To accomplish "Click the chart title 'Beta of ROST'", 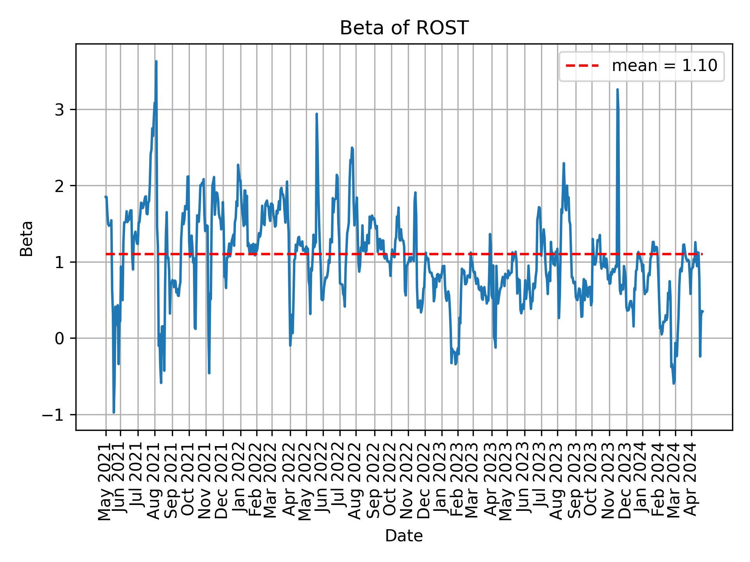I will pos(404,28).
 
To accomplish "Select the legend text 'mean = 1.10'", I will pos(664,66).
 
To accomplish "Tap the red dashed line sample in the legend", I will pos(582,66).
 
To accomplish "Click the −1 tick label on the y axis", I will pos(53,414).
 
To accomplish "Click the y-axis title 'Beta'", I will pos(27,238).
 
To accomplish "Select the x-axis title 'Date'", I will pos(404,536).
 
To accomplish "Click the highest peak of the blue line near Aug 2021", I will pos(156,62).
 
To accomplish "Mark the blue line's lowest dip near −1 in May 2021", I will pos(114,412).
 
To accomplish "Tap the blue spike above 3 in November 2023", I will pos(617,90).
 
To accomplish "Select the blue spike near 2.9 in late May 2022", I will pos(316,114).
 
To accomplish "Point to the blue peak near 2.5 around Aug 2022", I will pos(352,148).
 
